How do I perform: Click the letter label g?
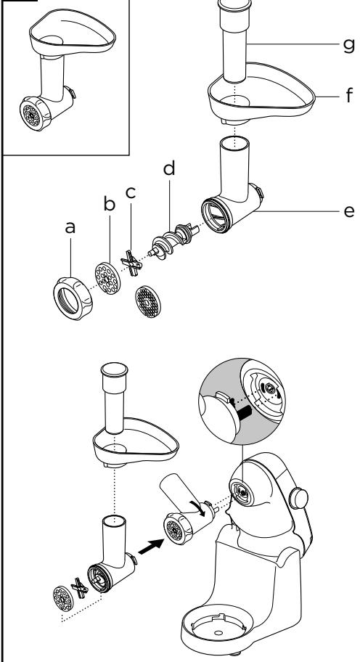coord(348,44)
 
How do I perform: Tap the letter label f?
coord(348,95)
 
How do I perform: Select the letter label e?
coord(349,211)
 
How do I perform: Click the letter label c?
coord(131,193)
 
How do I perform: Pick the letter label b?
coord(110,203)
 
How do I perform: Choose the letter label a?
coord(70,227)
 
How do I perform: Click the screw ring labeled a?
coord(73,298)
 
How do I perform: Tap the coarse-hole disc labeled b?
coord(107,278)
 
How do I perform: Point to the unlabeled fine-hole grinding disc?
coord(148,301)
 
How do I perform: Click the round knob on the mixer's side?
coord(299,498)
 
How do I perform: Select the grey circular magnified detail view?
coord(242,401)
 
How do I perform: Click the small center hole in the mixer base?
coord(218,632)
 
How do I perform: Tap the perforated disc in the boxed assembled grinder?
coord(31,115)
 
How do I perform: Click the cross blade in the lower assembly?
coord(79,588)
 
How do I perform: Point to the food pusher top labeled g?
coord(234,6)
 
